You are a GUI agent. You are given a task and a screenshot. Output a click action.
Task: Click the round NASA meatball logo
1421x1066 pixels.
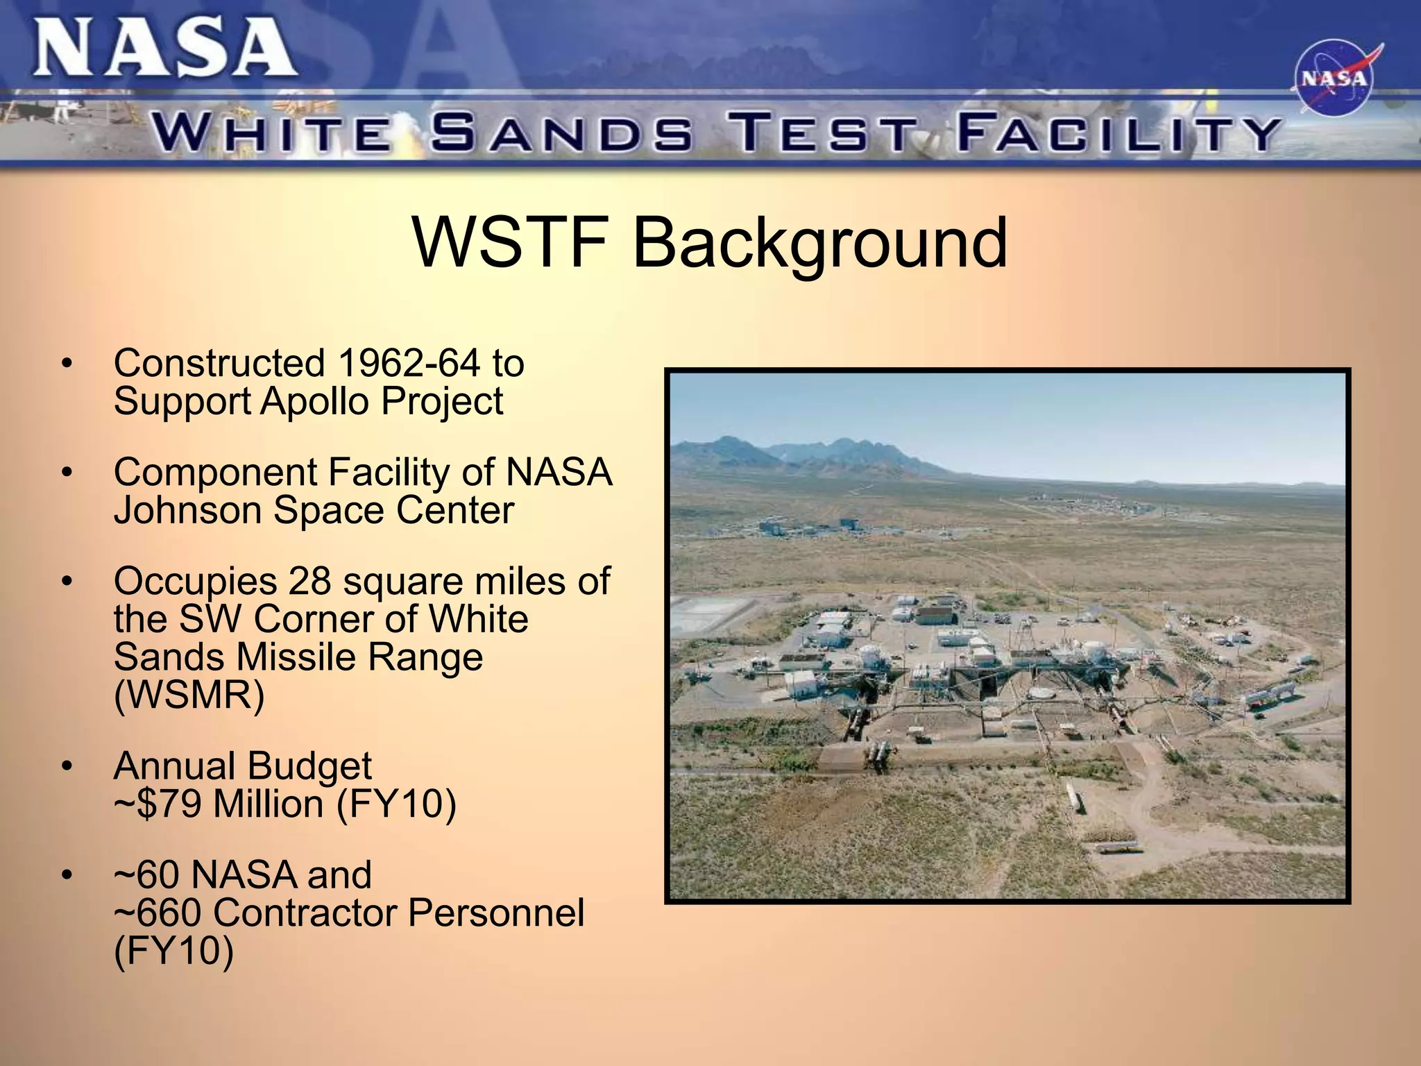pos(1333,78)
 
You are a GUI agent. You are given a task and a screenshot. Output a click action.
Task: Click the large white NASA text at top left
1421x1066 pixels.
pos(165,47)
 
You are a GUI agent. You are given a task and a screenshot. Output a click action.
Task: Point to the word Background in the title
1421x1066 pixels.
pos(819,242)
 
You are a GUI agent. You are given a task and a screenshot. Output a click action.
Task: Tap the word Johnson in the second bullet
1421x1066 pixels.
pos(187,510)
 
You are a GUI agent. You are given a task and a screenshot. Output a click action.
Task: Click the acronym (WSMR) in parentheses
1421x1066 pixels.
pos(189,695)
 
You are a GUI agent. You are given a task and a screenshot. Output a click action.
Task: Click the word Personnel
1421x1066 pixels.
pos(495,913)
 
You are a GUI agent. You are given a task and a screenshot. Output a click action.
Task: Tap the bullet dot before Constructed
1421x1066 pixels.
pos(67,364)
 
